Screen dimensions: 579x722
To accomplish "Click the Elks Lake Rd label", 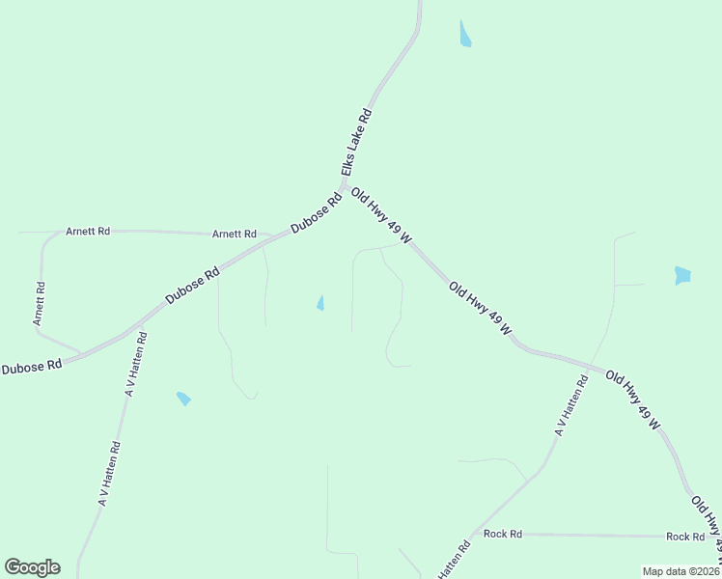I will (x=355, y=141).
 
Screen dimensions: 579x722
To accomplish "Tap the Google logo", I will (x=32, y=567).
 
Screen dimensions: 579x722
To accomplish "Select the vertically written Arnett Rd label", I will (x=40, y=302).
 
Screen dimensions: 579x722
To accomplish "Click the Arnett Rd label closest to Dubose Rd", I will (x=235, y=234).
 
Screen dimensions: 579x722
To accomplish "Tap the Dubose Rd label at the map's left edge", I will (x=31, y=367).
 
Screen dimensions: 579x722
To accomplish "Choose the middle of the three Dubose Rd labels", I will (x=193, y=286).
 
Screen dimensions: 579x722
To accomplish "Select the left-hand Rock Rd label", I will (x=503, y=534).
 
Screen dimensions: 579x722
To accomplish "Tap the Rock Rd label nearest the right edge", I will (x=685, y=537).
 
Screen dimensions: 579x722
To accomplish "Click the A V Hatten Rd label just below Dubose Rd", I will (x=135, y=365).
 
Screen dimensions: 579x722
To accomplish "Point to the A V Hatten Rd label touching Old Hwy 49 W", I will (x=571, y=405).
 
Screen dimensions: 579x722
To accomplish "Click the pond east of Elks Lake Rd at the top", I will (x=465, y=35).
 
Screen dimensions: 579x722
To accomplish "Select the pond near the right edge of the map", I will (x=683, y=275).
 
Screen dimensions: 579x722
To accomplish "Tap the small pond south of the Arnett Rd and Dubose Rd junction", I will (x=320, y=303).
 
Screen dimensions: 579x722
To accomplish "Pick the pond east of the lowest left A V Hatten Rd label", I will (x=183, y=399).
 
